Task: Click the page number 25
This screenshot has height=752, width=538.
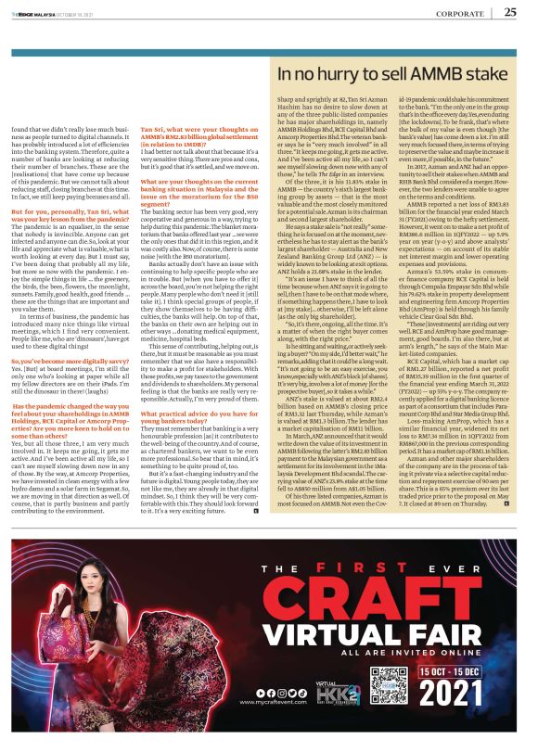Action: coord(509,12)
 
